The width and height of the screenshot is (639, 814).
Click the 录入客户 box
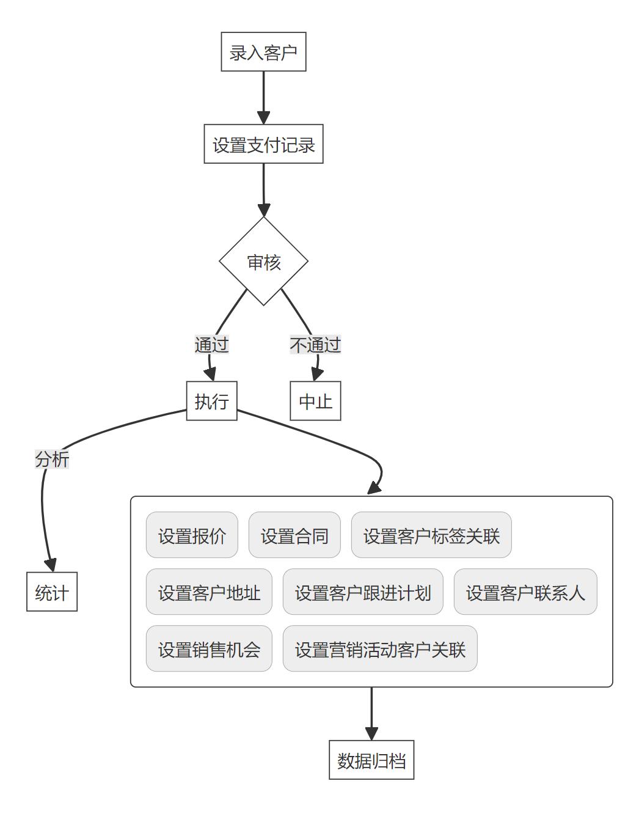click(x=263, y=52)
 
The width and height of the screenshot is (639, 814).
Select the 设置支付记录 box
click(x=263, y=144)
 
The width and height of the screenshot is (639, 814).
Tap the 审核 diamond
click(x=263, y=262)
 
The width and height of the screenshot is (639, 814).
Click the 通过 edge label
click(x=211, y=345)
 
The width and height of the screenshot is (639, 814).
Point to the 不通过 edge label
click(x=315, y=345)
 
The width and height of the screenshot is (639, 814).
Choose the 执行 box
click(x=211, y=401)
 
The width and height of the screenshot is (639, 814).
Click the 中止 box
click(x=315, y=401)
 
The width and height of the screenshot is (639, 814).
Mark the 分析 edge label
click(x=52, y=459)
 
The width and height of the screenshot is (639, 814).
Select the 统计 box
click(x=52, y=592)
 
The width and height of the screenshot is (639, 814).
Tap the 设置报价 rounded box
click(x=192, y=535)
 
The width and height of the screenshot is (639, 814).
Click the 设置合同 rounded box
click(x=294, y=535)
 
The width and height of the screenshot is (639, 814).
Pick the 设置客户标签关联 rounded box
click(x=431, y=535)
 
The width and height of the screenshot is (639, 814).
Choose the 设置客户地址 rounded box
click(x=209, y=592)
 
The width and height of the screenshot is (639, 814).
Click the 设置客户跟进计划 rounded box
click(x=363, y=592)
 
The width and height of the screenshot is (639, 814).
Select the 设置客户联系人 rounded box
click(x=525, y=592)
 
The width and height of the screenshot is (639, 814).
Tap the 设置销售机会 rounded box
click(x=209, y=648)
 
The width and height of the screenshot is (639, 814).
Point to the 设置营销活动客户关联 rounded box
click(x=380, y=648)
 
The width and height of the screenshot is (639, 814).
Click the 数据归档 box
click(x=371, y=760)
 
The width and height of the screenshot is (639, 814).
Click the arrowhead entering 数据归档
click(x=371, y=733)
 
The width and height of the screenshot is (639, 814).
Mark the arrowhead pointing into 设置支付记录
click(x=263, y=118)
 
